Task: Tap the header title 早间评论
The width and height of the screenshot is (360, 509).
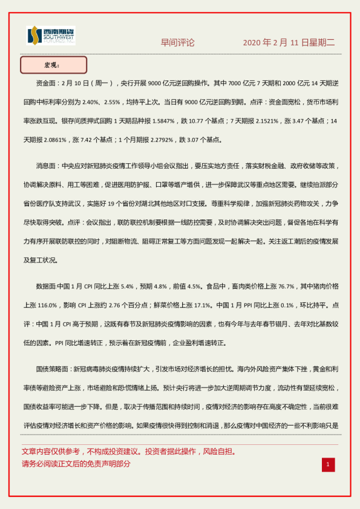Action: click(177, 43)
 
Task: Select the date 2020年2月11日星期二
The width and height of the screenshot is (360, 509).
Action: click(289, 43)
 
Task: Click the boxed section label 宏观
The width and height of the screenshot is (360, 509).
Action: click(53, 65)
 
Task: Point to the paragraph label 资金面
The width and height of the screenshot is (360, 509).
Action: click(48, 84)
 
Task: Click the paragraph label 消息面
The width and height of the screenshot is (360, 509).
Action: click(48, 165)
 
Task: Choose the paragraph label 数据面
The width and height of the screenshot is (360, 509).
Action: click(48, 268)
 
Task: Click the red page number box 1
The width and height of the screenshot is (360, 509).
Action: click(327, 464)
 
